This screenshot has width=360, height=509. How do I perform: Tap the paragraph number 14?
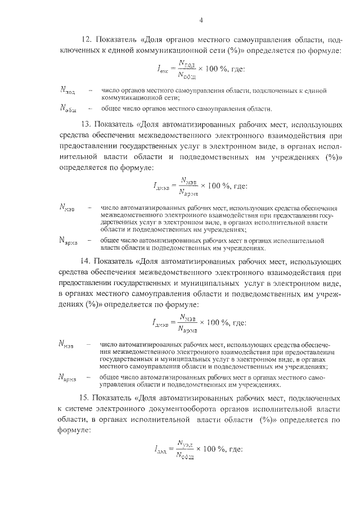(86, 262)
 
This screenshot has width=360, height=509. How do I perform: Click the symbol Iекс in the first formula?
(164, 69)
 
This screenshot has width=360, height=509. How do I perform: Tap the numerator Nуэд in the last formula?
(186, 443)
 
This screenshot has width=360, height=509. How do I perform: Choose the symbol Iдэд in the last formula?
(160, 449)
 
